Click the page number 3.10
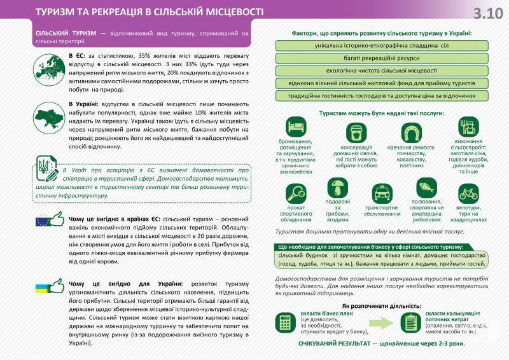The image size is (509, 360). click(488, 13)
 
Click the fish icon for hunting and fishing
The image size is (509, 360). click(426, 187)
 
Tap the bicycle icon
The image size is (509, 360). click(468, 192)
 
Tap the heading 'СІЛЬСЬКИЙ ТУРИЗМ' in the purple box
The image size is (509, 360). click(64, 32)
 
